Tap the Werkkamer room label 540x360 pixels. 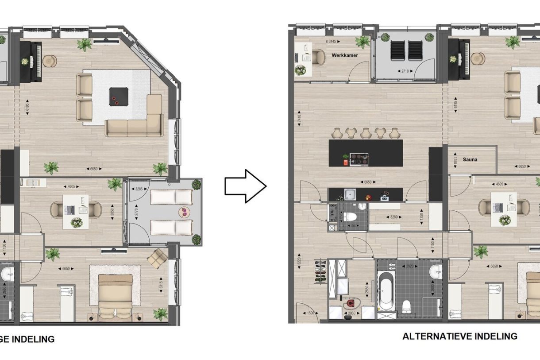(344, 55)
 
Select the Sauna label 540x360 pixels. (470, 159)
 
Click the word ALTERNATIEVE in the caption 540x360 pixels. (437, 337)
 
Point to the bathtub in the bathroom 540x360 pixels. (386, 290)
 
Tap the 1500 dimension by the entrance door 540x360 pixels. (312, 313)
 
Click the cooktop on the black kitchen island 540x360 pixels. (359, 159)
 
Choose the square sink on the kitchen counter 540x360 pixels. (351, 194)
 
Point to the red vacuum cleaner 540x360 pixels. (351, 304)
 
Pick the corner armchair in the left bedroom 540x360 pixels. (158, 258)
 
